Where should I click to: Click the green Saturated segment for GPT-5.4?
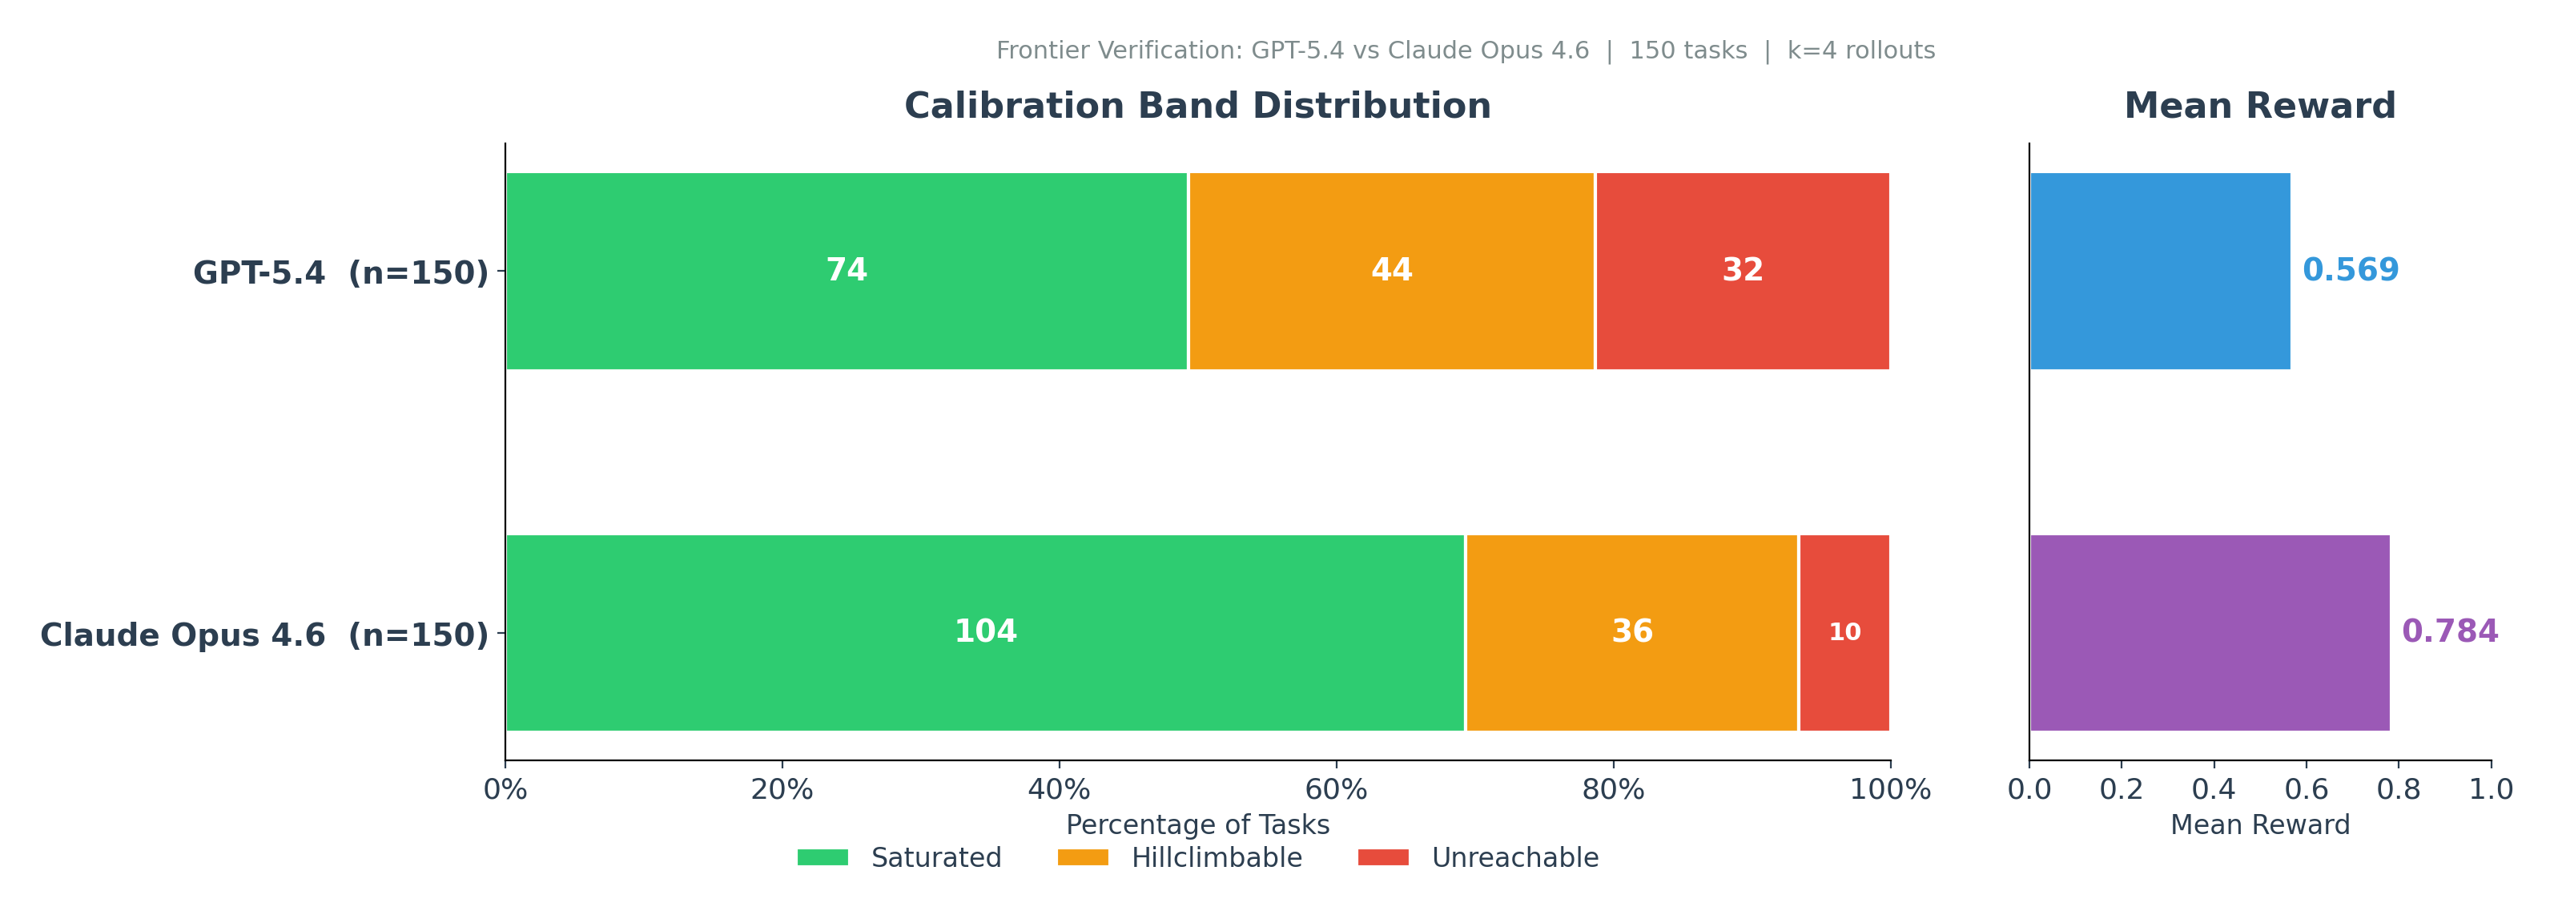(846, 271)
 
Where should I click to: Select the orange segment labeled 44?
(1391, 271)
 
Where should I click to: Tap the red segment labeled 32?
(1742, 271)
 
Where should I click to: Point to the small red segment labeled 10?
(1844, 632)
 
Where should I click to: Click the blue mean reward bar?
(2159, 271)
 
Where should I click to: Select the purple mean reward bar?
(2209, 632)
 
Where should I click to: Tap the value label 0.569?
(2350, 271)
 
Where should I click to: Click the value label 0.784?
(2449, 632)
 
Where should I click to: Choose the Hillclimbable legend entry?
(1180, 857)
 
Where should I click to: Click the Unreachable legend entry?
(1478, 857)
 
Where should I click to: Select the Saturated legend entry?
(899, 857)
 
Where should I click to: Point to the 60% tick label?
(1336, 790)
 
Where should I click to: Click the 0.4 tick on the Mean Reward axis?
(2214, 790)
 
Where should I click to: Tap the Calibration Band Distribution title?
(1197, 106)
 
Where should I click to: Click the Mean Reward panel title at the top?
(2258, 106)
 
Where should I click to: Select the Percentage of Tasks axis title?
(1197, 824)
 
